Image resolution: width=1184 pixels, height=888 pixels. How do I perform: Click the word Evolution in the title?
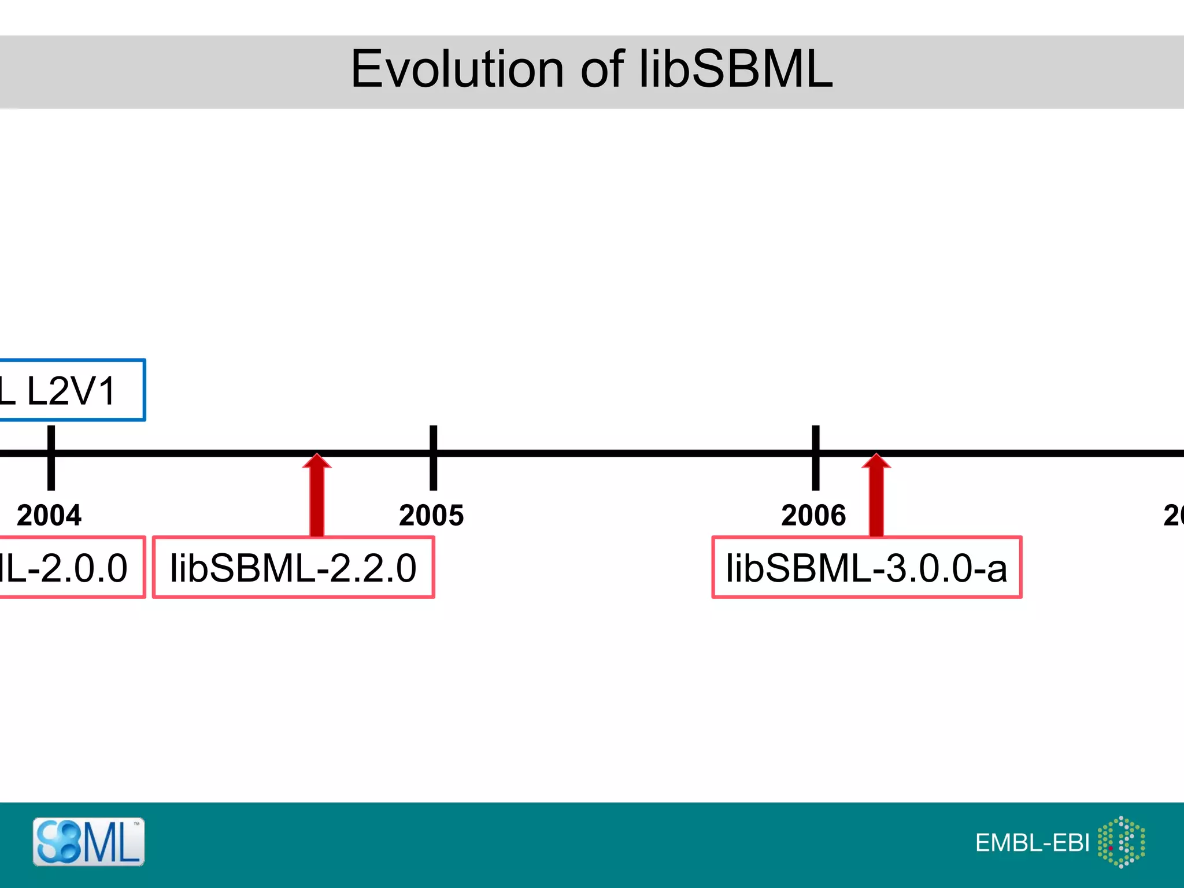click(x=457, y=69)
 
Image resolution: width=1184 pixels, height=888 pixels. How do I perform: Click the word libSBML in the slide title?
click(x=735, y=69)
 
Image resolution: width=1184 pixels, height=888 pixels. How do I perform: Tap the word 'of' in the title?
click(x=602, y=69)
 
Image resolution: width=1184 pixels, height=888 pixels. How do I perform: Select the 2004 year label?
click(x=49, y=515)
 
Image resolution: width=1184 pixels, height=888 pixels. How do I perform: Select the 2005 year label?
click(x=431, y=515)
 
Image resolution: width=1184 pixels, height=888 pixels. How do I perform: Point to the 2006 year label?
click(x=813, y=515)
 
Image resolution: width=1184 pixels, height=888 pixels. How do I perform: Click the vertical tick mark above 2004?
click(x=51, y=458)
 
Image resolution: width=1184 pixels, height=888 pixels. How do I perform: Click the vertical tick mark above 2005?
click(x=433, y=458)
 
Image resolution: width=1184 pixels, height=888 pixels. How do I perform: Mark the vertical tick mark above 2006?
click(x=816, y=458)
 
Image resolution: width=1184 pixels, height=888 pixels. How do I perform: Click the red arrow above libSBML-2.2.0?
click(x=317, y=497)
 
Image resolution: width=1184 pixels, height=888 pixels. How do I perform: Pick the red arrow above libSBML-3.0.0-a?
click(x=876, y=497)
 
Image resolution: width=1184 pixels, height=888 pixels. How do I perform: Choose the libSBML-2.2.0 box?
click(x=293, y=567)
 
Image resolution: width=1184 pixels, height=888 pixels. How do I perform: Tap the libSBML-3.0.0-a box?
click(x=867, y=567)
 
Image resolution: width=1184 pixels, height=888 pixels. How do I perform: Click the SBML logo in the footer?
click(x=88, y=842)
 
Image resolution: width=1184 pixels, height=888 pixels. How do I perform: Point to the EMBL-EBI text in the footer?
click(x=1032, y=843)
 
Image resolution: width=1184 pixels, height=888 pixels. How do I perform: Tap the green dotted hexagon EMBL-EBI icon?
click(x=1121, y=842)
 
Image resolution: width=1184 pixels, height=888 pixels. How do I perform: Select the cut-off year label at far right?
click(x=1174, y=515)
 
